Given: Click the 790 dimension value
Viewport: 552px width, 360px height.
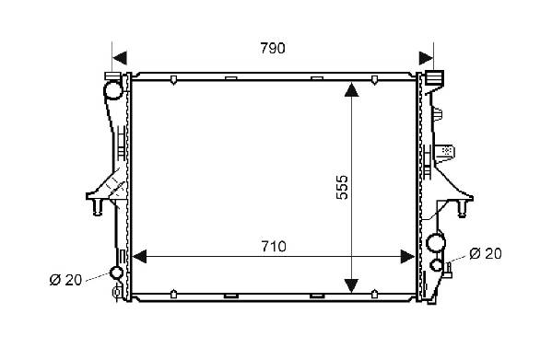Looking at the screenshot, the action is click(x=273, y=48).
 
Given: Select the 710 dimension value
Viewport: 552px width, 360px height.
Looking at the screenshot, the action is click(x=274, y=247).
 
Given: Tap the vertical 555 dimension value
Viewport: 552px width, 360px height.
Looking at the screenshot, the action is click(x=342, y=188).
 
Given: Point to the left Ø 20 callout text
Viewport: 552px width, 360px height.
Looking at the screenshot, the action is click(x=65, y=280).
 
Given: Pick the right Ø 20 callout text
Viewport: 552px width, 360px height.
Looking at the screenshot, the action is click(x=486, y=253).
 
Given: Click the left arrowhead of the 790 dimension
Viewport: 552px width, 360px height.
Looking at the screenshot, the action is click(x=120, y=58).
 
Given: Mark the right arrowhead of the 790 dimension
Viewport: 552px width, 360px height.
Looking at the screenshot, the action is click(x=427, y=58).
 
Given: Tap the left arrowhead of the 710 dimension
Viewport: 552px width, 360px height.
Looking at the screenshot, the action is click(x=139, y=257).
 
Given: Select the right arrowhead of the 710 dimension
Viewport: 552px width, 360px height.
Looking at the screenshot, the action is click(x=408, y=257).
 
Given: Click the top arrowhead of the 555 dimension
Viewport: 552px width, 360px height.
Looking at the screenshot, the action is click(x=351, y=89).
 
